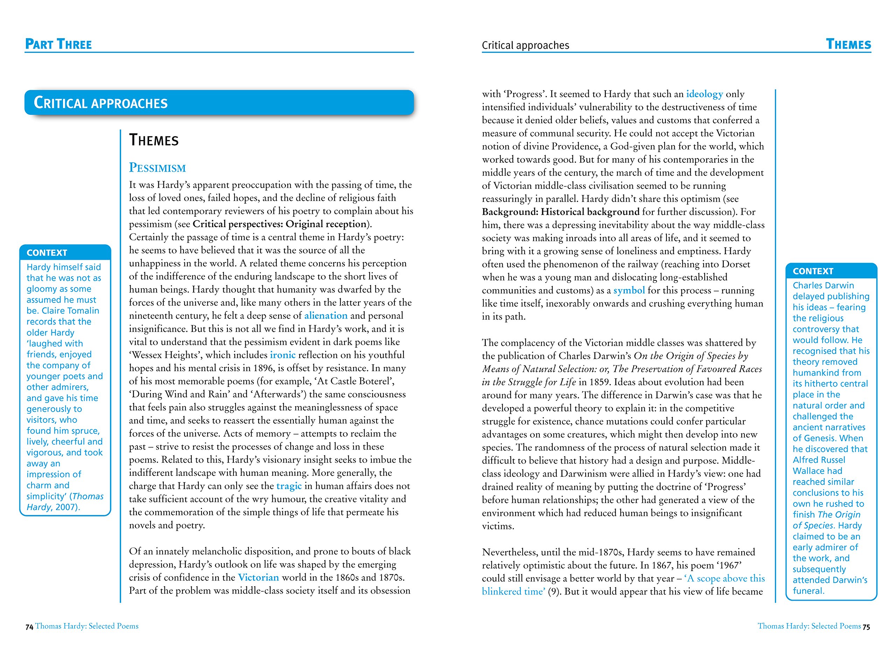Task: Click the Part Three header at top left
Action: pyautogui.click(x=58, y=44)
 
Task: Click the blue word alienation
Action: pyautogui.click(x=325, y=316)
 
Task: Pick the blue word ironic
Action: pyautogui.click(x=282, y=355)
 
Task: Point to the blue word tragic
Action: pyautogui.click(x=289, y=486)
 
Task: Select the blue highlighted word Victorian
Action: pyautogui.click(x=258, y=578)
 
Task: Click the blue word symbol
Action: pyautogui.click(x=629, y=290)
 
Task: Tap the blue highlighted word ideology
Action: pyautogui.click(x=705, y=94)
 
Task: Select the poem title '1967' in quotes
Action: pyautogui.click(x=729, y=565)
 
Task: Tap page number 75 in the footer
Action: pyautogui.click(x=866, y=627)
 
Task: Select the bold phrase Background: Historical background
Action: pyautogui.click(x=560, y=212)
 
